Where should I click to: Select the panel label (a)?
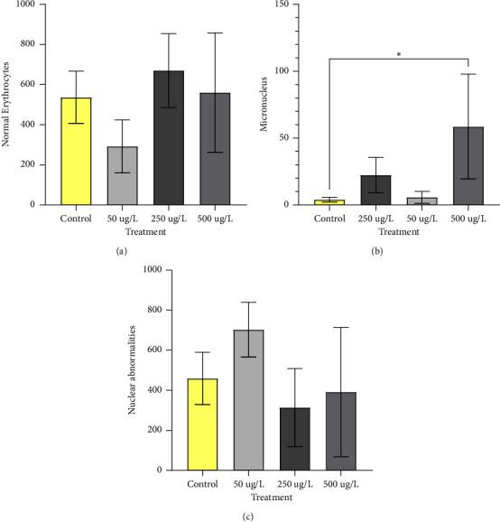tap(120, 250)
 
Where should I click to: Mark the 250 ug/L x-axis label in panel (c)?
tap(289, 484)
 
